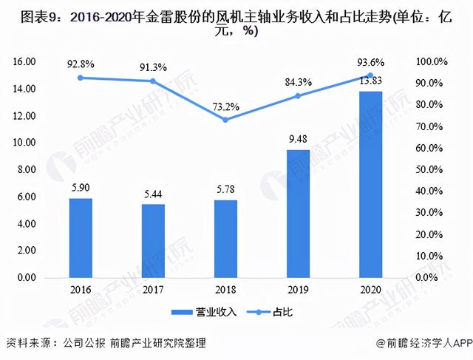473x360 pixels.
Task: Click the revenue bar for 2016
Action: coord(81,238)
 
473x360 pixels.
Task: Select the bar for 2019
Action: coord(298,214)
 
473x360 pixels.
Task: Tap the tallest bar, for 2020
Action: coord(370,184)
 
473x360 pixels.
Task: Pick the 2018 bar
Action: coord(225,239)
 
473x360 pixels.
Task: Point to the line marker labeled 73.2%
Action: coord(225,120)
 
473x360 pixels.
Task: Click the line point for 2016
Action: coord(81,78)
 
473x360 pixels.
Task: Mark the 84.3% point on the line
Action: coord(298,96)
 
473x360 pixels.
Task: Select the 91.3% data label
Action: coord(153,67)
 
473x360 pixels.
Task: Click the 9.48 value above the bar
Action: coord(298,139)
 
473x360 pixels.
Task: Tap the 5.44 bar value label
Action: coord(153,194)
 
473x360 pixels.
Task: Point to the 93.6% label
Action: coord(371,63)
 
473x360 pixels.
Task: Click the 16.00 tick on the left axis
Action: coord(24,61)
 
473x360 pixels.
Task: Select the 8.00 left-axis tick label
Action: coord(27,169)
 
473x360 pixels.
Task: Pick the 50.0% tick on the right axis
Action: coord(429,169)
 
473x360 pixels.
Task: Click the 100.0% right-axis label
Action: coord(432,61)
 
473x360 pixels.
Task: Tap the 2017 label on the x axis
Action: coord(153,290)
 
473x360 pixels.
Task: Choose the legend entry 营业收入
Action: coord(204,312)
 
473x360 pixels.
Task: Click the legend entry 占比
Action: coord(270,312)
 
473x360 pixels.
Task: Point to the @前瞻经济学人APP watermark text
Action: coord(424,343)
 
